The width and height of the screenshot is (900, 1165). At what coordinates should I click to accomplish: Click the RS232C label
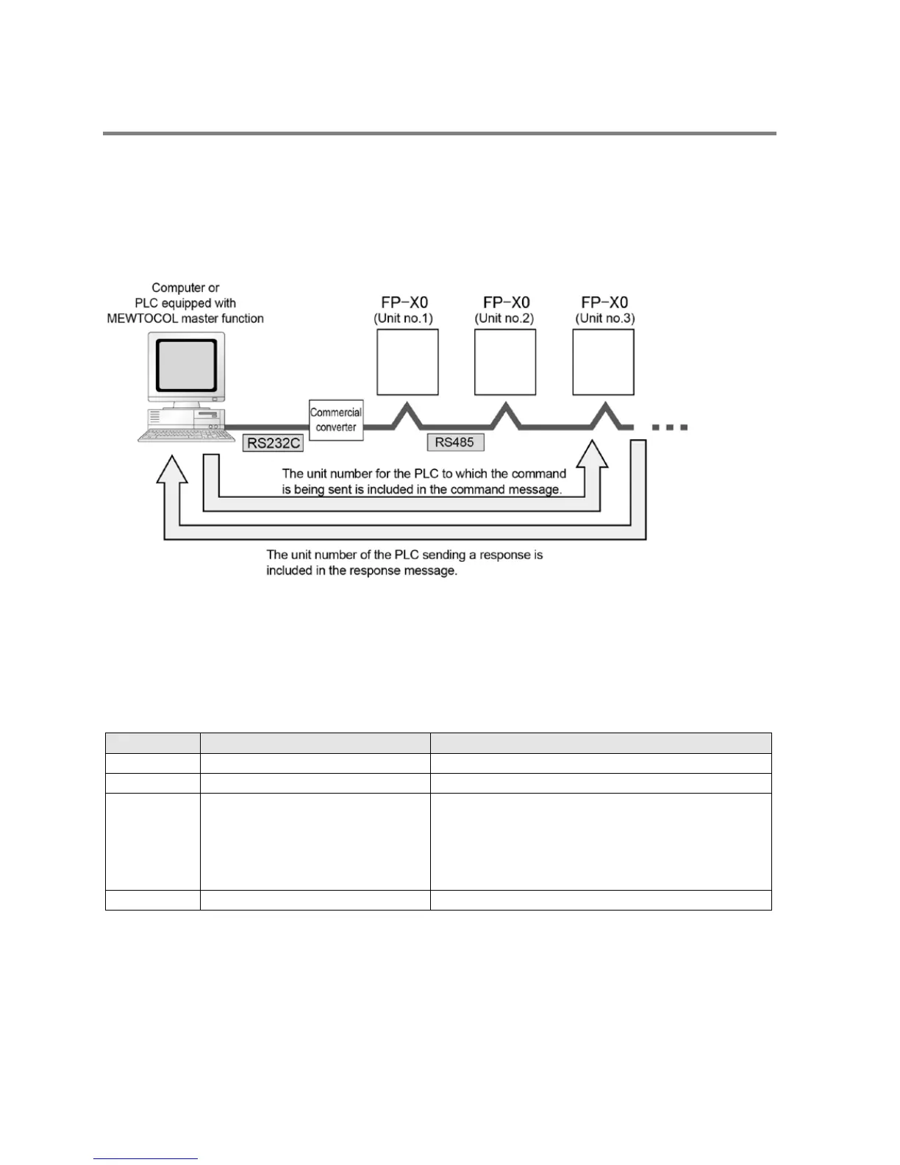(273, 443)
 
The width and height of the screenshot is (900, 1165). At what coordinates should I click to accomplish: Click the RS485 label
(454, 442)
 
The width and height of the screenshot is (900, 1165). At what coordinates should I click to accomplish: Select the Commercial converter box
(336, 420)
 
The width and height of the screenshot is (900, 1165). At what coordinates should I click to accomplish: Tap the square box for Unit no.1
(407, 362)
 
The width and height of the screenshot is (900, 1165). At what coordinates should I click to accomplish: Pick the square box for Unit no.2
(505, 362)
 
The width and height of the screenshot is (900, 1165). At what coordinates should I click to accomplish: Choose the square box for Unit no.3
(603, 362)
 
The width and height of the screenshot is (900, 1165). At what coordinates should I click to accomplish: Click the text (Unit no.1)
(404, 318)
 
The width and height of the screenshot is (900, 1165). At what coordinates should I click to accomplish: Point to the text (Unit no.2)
(504, 318)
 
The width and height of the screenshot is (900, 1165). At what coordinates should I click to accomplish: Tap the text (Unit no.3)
(605, 318)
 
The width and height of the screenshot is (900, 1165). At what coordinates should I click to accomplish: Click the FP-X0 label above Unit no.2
(507, 302)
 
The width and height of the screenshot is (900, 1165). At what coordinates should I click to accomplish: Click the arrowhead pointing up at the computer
(173, 471)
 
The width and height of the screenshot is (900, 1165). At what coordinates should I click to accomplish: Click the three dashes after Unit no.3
(669, 427)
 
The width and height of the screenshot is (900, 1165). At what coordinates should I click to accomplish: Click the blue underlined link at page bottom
(146, 1160)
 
